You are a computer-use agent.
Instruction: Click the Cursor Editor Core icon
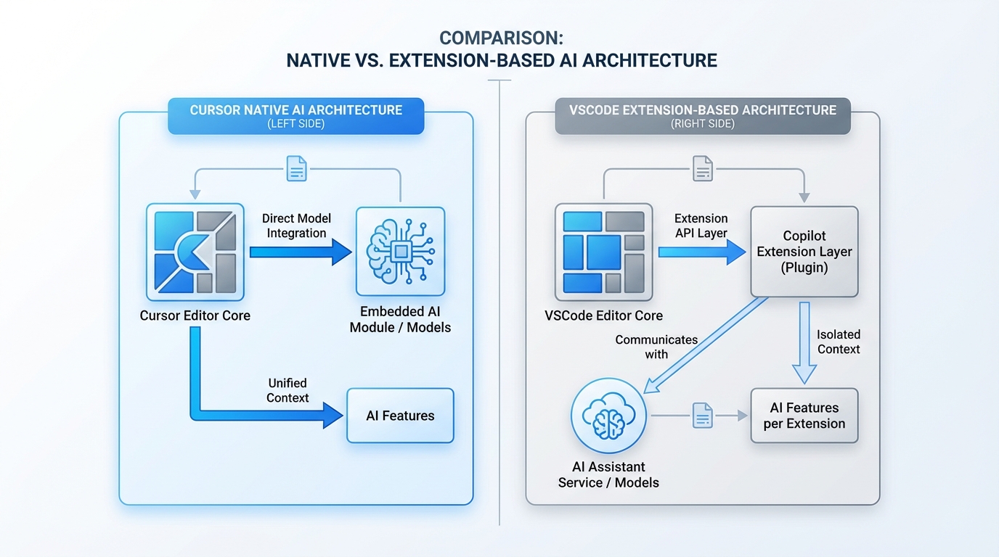[195, 252]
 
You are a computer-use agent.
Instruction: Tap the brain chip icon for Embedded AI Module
[400, 252]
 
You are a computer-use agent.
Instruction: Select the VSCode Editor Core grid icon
[603, 252]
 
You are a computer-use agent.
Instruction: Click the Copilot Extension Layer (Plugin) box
[804, 252]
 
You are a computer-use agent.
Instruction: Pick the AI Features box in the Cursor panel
[400, 416]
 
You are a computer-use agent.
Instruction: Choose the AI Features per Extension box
[804, 416]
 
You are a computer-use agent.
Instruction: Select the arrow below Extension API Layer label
[701, 252]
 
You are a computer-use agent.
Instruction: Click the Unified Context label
[288, 390]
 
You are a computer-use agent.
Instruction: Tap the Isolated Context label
[838, 342]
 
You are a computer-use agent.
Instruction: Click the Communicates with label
[656, 347]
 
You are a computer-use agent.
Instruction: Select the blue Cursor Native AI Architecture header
[295, 116]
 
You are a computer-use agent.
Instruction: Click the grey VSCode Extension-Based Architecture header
[702, 116]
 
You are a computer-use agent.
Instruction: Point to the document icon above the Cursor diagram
[297, 169]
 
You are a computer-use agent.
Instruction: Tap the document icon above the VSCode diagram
[702, 169]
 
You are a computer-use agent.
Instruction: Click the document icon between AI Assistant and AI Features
[702, 416]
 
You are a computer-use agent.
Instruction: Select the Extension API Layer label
[701, 225]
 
